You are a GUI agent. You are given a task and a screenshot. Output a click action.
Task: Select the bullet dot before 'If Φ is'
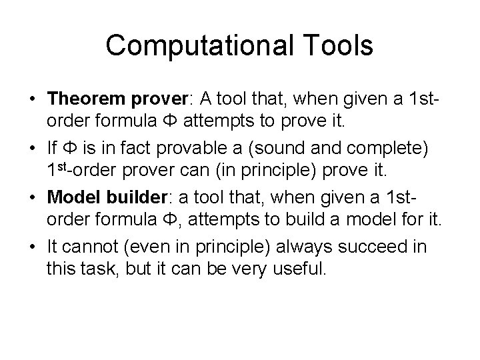[x=33, y=150]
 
